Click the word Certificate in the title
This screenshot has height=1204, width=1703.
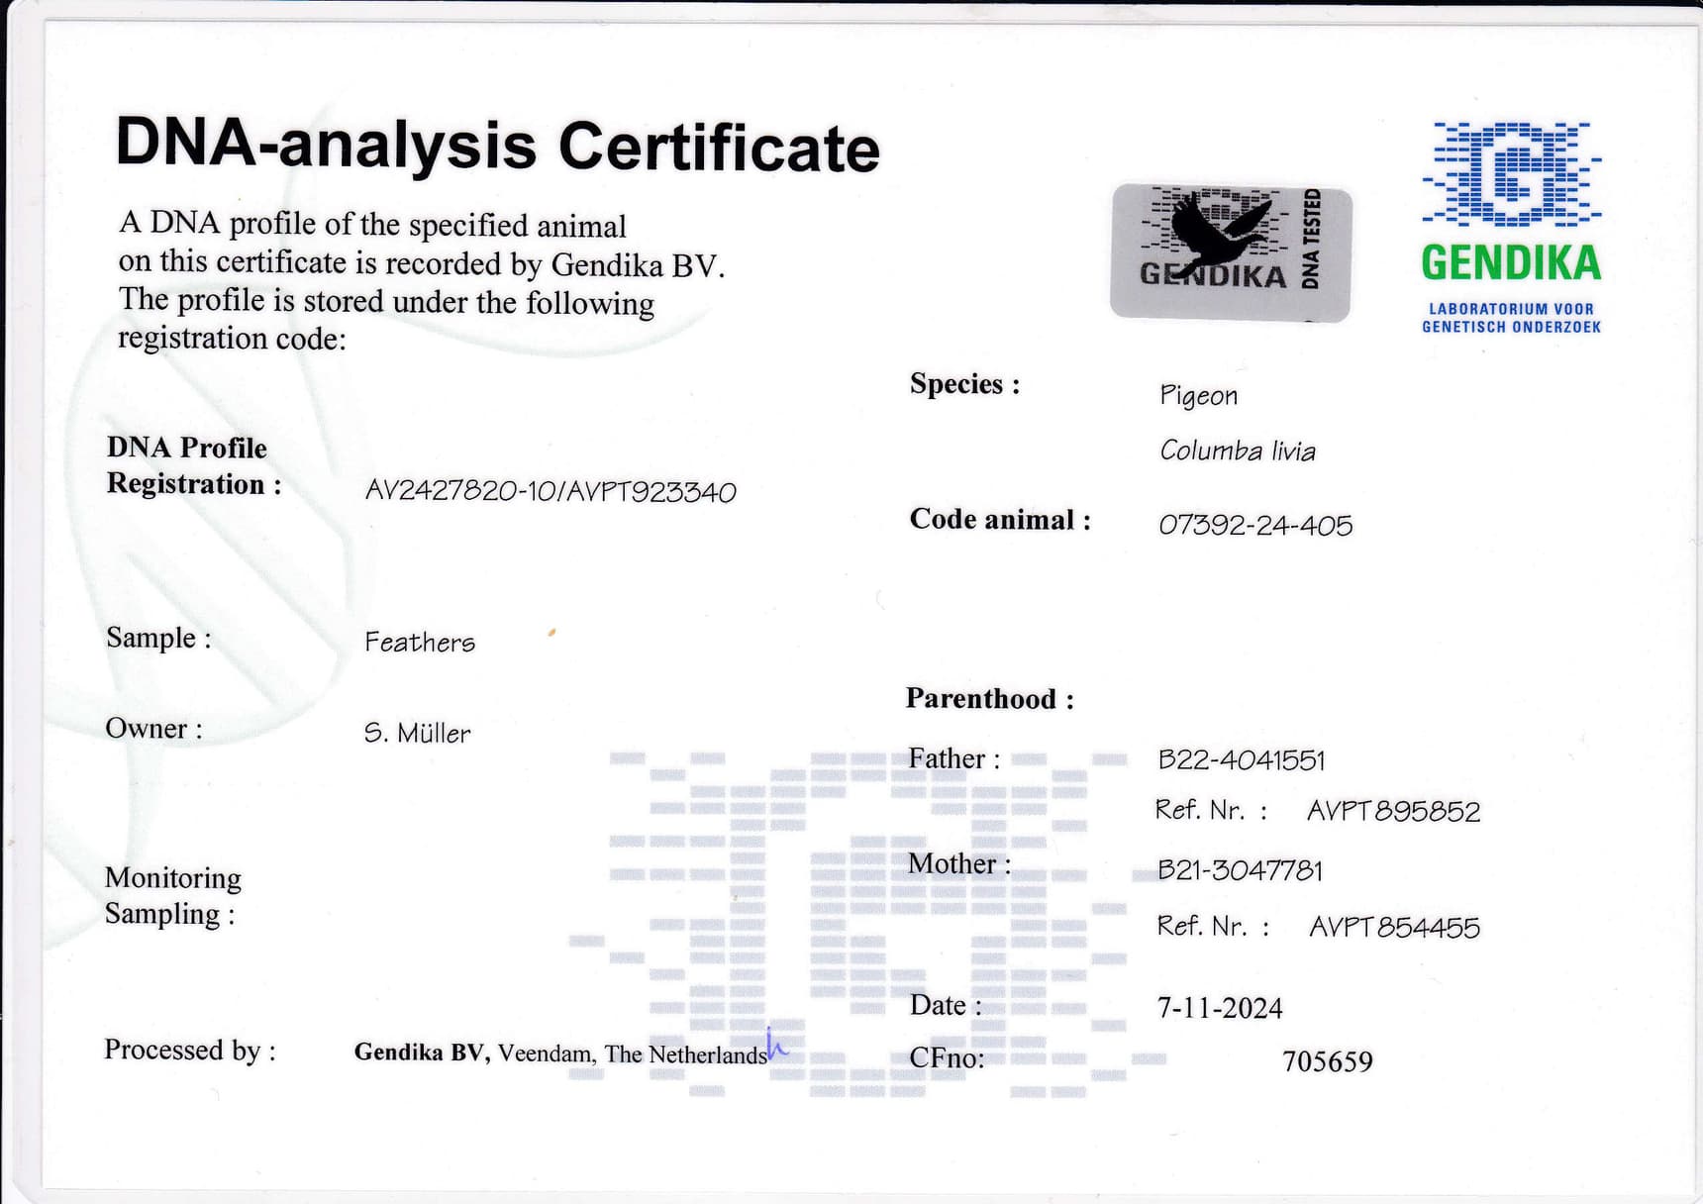pos(719,148)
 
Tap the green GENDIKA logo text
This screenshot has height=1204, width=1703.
pos(1511,262)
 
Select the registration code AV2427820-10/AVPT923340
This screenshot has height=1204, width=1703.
pos(551,492)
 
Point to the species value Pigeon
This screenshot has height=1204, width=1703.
pos(1198,396)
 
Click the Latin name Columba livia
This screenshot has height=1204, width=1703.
pos(1238,451)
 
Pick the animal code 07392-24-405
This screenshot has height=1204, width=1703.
pos(1255,525)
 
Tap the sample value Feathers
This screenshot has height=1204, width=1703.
pos(420,642)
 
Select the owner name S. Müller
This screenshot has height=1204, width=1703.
pos(417,733)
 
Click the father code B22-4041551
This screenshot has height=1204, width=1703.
pos(1242,759)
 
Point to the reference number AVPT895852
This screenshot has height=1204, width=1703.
pos(1394,812)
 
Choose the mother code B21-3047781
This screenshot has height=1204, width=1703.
pos(1240,870)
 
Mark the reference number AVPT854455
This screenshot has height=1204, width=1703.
pos(1395,927)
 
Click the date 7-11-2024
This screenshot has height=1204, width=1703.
pos(1220,1008)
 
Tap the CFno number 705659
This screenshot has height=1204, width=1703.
pos(1328,1061)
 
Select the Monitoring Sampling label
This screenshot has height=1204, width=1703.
pos(172,896)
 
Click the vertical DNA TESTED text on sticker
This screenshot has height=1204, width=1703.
pos(1311,239)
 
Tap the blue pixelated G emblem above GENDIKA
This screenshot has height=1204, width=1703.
pos(1511,174)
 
